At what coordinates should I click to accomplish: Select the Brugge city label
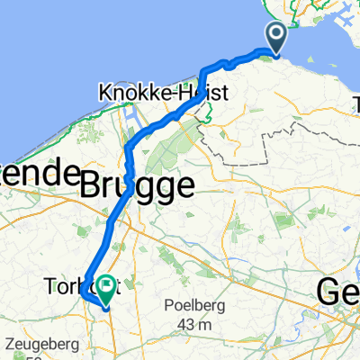137,186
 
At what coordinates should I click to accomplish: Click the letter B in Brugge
92,186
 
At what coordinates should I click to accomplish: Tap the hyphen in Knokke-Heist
179,94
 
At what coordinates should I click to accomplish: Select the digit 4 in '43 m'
184,324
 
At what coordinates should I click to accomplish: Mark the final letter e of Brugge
184,188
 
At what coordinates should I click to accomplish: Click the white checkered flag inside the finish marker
106,287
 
